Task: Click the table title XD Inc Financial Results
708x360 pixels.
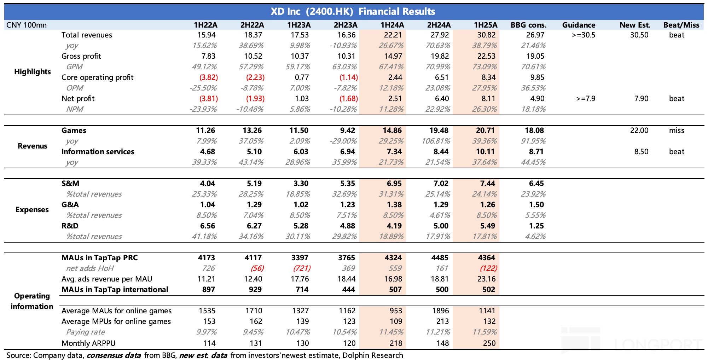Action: coord(353,11)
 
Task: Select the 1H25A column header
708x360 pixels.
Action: coord(486,25)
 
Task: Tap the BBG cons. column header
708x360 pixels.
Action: coord(528,25)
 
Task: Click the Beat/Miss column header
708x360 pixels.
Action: coord(681,25)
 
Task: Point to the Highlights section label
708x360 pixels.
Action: coord(33,72)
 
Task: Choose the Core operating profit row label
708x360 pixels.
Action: coord(97,77)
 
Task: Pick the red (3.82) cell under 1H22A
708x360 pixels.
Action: coord(208,77)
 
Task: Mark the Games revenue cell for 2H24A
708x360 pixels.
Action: coord(439,130)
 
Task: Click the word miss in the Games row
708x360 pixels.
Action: coord(677,130)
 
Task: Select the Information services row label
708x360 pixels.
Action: coord(98,152)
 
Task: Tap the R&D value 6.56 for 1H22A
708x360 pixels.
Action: coord(207,226)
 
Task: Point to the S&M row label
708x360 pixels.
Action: coord(70,184)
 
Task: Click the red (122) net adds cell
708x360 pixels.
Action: coord(488,268)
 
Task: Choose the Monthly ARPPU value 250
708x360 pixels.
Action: coord(489,343)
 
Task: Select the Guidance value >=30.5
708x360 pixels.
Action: coord(584,35)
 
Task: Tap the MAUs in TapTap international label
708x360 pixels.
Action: coord(115,290)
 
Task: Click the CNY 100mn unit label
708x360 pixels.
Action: coord(27,25)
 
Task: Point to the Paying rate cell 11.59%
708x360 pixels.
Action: coord(484,332)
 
